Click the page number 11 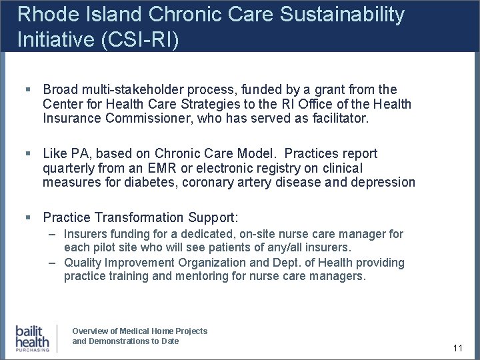[457, 348]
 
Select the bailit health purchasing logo [33, 338]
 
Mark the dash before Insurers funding [52, 235]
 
